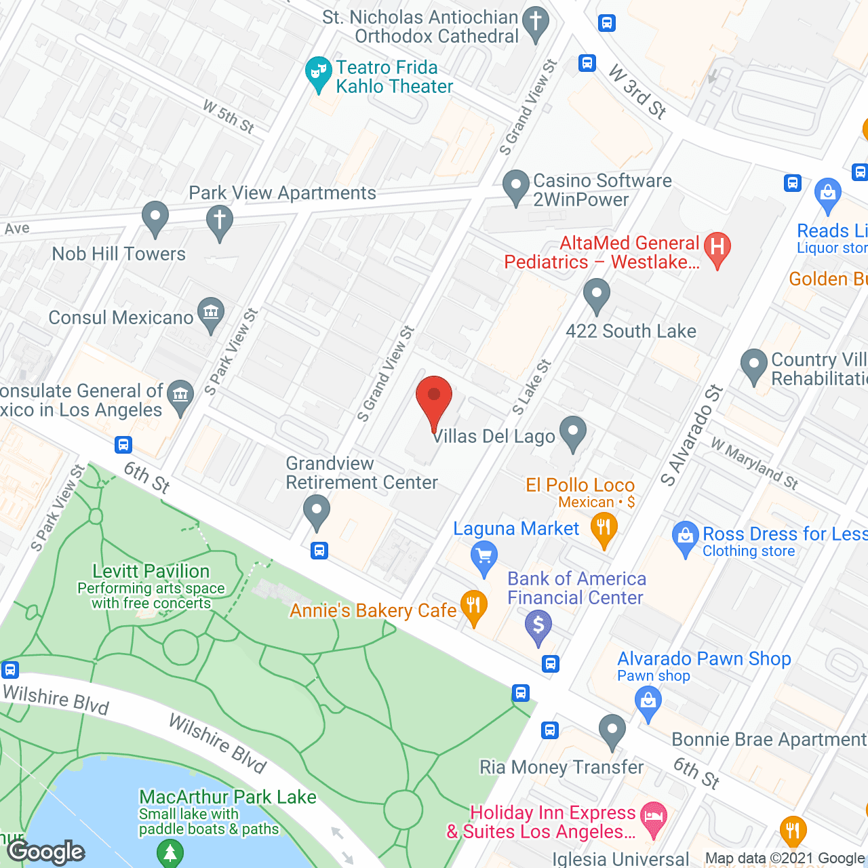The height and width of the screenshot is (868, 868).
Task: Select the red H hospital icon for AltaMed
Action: pos(717,248)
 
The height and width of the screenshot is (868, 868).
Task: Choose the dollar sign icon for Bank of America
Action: pos(538,625)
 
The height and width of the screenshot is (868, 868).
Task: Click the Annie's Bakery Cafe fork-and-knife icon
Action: pos(473,606)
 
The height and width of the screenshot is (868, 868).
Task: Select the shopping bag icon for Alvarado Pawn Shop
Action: pos(648,701)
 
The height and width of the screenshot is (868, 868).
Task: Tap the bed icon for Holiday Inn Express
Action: pos(653,816)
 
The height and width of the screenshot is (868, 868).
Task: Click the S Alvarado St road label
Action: pos(692,436)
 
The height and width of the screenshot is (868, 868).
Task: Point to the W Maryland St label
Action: pos(755,464)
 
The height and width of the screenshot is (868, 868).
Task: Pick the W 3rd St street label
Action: pos(637,92)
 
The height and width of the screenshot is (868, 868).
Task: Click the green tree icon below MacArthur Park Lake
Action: pos(170,852)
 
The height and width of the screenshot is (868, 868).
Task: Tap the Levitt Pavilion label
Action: pos(151,572)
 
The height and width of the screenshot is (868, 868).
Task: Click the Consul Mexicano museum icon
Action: pos(211,313)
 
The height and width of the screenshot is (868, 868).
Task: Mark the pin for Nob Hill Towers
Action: pos(155,218)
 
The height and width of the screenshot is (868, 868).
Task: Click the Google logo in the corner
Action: pos(46,852)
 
